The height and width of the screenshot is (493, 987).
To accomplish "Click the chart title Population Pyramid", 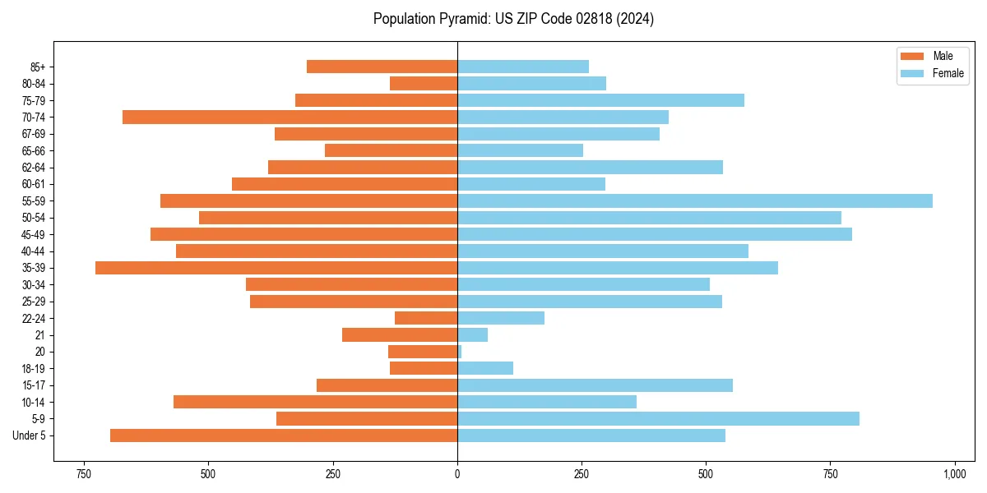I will (513, 19).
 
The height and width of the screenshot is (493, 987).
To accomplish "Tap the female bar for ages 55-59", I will (695, 201).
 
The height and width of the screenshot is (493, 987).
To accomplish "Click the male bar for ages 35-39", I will (276, 268).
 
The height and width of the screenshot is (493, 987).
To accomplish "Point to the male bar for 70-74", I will (290, 117).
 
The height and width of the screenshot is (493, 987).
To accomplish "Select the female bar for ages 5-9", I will (658, 419).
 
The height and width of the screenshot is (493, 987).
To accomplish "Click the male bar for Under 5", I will (284, 435).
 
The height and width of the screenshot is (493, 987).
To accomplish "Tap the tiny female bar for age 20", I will (460, 352).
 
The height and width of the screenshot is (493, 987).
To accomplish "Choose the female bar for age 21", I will (473, 335).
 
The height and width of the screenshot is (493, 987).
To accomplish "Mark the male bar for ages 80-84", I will (424, 84).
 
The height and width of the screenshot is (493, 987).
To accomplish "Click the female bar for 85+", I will (523, 67).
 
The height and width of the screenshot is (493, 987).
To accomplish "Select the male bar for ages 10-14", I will (315, 402).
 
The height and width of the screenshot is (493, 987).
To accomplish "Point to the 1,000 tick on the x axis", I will (954, 474).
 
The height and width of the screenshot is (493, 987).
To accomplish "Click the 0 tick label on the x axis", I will (457, 474).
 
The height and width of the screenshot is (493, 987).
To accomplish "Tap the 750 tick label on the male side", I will (83, 474).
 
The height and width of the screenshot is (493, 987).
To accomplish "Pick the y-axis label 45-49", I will (34, 235).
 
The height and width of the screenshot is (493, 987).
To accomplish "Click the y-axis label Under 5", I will (29, 435).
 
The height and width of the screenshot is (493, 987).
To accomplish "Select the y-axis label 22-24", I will (34, 319).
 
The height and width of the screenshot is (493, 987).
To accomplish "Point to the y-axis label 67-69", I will (34, 134).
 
